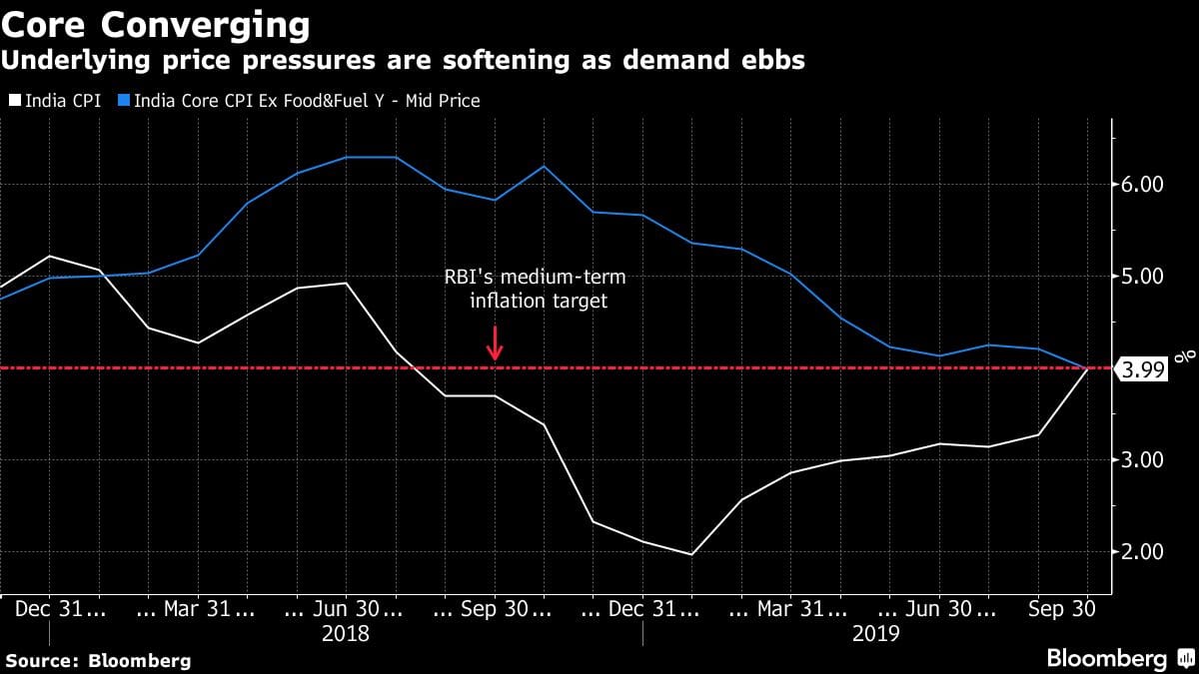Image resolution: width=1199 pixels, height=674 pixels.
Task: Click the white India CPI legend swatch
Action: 15,101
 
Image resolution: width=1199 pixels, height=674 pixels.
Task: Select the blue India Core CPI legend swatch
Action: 123,101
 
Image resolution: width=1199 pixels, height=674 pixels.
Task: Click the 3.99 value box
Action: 1142,368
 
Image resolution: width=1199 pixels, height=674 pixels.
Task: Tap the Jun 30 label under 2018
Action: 345,608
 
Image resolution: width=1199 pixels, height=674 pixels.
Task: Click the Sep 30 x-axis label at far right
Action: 1063,608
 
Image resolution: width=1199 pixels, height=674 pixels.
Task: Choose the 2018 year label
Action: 345,634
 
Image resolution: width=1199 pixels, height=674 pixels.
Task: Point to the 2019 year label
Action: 876,634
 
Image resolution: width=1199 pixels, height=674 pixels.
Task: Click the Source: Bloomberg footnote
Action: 98,660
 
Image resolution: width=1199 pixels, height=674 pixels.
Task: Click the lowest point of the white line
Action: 690,554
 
